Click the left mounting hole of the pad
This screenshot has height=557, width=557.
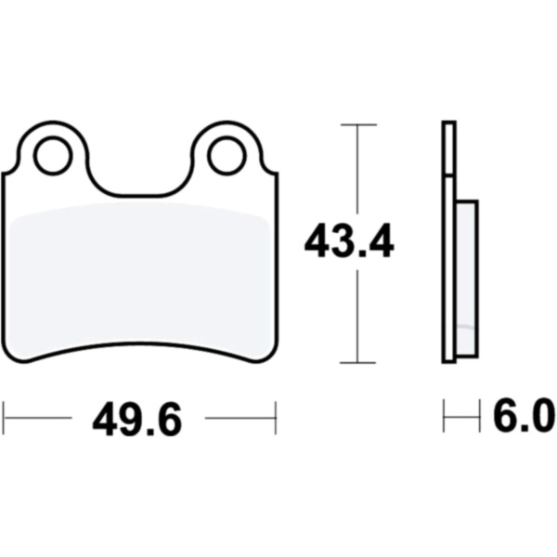(x=53, y=156)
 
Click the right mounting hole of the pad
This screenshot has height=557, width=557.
(x=227, y=156)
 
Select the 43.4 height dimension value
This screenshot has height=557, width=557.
(x=349, y=240)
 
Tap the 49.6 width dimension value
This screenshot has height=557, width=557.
(x=137, y=419)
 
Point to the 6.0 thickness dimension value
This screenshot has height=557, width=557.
(x=524, y=415)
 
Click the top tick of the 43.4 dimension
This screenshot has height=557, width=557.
(x=358, y=124)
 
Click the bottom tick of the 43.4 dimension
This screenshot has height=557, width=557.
(x=358, y=363)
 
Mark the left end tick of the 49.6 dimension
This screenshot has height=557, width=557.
(x=5, y=418)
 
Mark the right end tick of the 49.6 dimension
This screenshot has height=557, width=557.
(x=276, y=418)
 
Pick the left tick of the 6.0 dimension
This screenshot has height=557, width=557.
(x=444, y=416)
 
